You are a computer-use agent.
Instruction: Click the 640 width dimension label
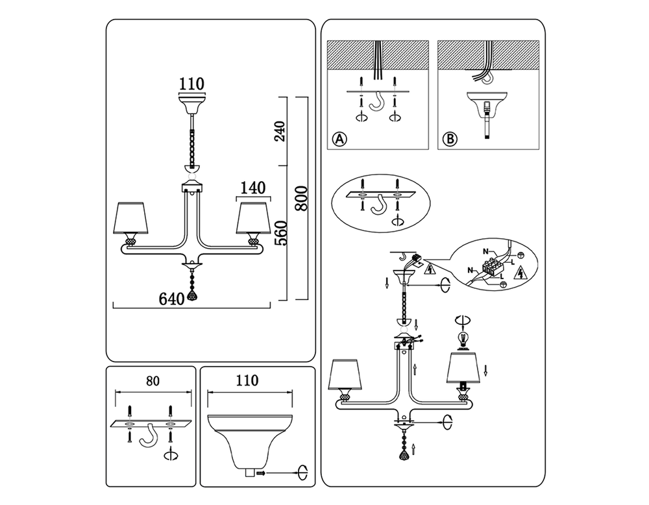pos(171,299)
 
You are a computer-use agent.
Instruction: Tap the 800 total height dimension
pos(302,199)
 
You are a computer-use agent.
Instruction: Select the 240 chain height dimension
pos(280,132)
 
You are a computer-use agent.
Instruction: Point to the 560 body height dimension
pos(280,233)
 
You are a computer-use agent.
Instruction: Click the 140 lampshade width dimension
pos(253,188)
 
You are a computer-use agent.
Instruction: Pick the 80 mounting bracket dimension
pos(153,381)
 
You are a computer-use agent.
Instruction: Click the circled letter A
pos(339,139)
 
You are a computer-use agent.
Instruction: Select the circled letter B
pos(450,139)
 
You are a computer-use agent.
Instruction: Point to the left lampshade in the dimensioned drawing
pos(130,217)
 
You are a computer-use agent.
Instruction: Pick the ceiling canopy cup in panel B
pos(487,103)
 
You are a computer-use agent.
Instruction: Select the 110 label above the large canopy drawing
pos(247,380)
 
